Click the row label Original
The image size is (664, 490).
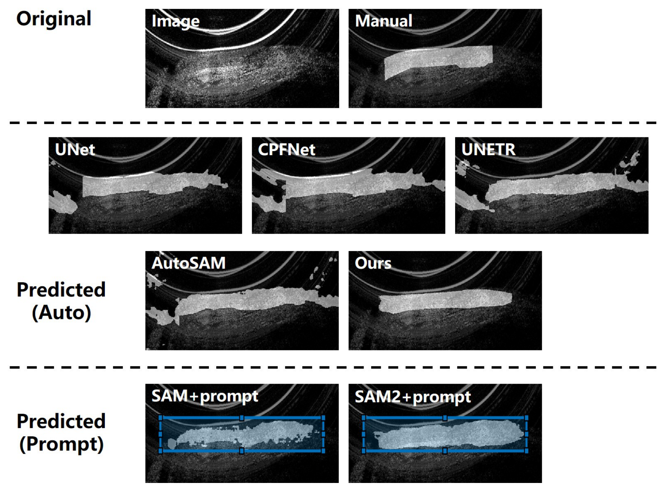54,19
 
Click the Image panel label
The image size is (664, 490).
176,21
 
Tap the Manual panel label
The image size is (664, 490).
384,21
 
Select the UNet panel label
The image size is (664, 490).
75,149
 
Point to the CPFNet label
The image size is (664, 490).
286,150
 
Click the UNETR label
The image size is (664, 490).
488,150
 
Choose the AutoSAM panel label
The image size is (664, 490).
188,263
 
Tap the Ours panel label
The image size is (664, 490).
373,263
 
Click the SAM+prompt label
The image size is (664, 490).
205,396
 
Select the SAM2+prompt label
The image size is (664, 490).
413,397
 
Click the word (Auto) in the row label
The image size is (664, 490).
61,313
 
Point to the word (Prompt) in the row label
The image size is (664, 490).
61,444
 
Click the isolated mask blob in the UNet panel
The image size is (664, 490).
63,202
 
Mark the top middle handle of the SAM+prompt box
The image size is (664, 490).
242,418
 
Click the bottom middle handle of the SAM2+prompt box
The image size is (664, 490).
445,451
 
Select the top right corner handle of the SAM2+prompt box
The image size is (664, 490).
526,418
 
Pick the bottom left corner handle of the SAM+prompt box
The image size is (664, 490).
160,451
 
